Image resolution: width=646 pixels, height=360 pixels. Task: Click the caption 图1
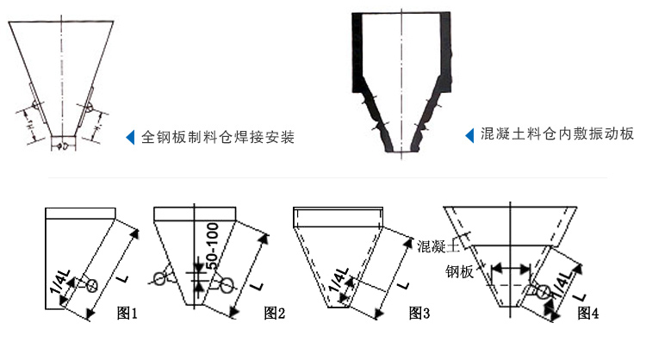point(127,312)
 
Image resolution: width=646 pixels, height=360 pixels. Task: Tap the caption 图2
point(274,312)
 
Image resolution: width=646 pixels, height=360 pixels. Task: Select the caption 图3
point(419,312)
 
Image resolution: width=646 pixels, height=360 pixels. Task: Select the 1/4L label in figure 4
point(562,284)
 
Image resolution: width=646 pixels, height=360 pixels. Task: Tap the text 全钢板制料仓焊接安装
point(217,137)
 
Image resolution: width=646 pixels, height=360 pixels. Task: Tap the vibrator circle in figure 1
point(93,284)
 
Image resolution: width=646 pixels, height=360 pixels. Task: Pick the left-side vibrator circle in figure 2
point(158,277)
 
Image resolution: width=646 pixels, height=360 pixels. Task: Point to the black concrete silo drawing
point(400,82)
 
